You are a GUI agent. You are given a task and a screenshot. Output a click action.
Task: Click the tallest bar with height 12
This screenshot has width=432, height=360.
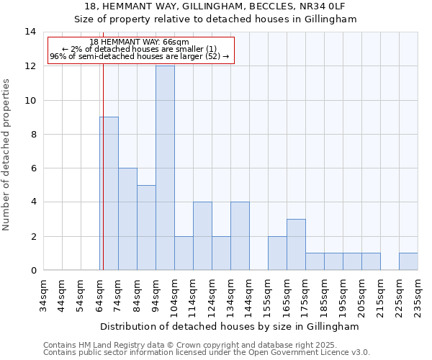pyautogui.click(x=165, y=168)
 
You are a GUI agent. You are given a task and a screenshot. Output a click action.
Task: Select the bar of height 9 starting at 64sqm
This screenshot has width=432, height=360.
pyautogui.click(x=109, y=193)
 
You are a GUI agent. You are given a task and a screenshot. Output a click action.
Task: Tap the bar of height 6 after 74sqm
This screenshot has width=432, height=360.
pyautogui.click(x=127, y=219)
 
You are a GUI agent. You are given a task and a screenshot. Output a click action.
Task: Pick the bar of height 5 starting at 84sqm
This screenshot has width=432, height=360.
pyautogui.click(x=146, y=228)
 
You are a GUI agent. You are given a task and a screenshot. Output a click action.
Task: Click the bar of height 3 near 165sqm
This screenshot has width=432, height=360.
pyautogui.click(x=296, y=245)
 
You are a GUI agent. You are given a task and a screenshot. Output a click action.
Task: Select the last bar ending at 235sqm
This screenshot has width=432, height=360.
pyautogui.click(x=408, y=261)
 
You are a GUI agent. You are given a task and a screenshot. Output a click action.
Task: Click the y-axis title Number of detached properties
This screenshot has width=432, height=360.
pyautogui.click(x=7, y=155)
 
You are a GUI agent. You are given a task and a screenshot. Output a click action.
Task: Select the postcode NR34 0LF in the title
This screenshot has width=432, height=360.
pyautogui.click(x=328, y=6)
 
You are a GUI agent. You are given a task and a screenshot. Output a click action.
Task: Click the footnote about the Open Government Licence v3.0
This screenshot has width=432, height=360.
pyautogui.click(x=207, y=353)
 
